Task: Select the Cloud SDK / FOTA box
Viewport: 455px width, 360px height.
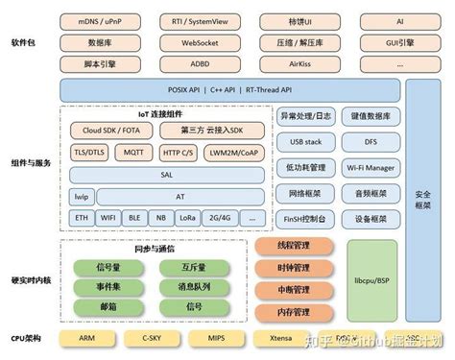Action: (x=108, y=130)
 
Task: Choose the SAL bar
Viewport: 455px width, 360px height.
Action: (x=166, y=174)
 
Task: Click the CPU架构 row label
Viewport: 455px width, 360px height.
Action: (x=26, y=338)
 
